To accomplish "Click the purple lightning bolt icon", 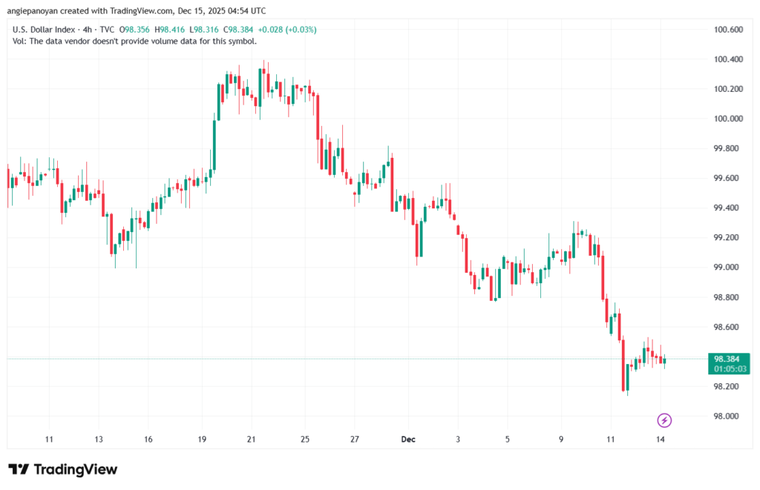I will pyautogui.click(x=664, y=420).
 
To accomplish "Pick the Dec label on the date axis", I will pyautogui.click(x=408, y=439).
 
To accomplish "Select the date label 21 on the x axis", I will pyautogui.click(x=252, y=439).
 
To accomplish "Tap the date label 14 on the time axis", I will pyautogui.click(x=660, y=439).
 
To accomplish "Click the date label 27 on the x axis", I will pyautogui.click(x=355, y=439).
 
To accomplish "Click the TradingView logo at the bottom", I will pyautogui.click(x=63, y=469).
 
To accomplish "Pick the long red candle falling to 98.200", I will pyautogui.click(x=623, y=363).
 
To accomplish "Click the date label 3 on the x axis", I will pyautogui.click(x=458, y=439).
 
